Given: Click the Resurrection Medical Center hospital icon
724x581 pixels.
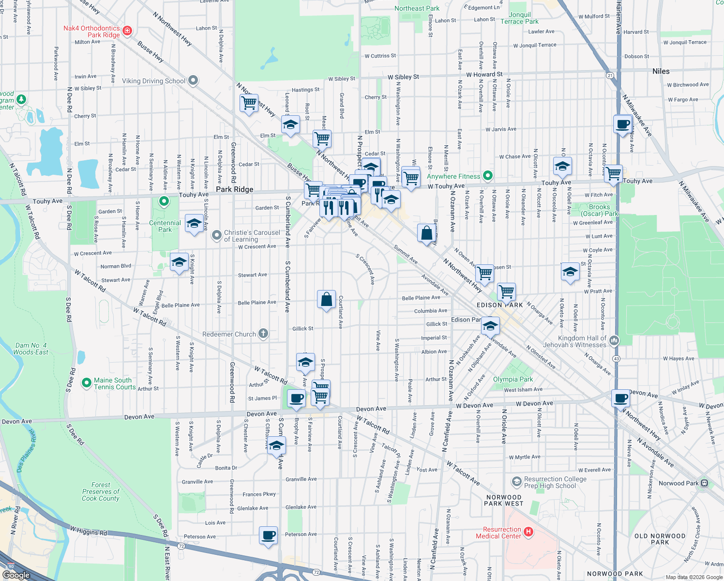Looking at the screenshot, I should [528, 532].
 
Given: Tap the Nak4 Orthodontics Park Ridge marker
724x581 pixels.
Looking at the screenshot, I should [127, 31].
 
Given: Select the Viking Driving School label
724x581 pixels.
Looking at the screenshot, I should [153, 81].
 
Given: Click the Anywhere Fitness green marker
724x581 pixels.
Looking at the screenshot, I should [488, 176].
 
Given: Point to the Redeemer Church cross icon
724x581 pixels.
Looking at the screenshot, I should [263, 333].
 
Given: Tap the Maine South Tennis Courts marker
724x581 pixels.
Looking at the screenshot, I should [87, 383].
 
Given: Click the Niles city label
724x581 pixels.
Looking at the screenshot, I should [661, 71].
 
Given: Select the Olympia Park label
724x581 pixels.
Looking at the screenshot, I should [513, 379].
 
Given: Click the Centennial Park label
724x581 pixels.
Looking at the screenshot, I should [165, 226].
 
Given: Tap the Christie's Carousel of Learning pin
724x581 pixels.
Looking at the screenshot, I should [216, 235].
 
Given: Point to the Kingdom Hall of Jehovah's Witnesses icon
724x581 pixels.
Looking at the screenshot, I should [614, 340].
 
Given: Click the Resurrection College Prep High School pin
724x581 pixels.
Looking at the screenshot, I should [517, 482].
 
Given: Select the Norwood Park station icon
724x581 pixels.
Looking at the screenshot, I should [704, 483].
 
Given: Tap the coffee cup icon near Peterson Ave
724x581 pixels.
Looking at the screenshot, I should [268, 535].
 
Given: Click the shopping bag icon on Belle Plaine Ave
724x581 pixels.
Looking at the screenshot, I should [326, 300].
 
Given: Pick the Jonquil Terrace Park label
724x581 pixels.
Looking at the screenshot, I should [519, 18].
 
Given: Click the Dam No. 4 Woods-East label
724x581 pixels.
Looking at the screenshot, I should [30, 349].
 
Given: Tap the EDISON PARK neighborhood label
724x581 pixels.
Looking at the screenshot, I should [499, 305].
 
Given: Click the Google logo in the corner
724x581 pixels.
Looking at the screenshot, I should [16, 575].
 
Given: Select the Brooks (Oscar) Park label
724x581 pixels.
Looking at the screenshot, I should [600, 210].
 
